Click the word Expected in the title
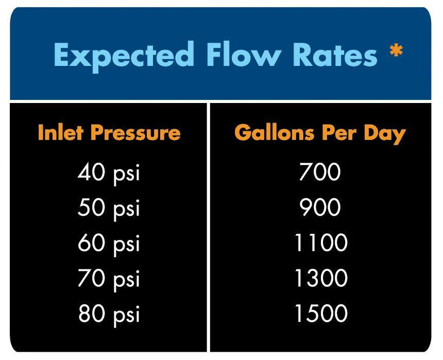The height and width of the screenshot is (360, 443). coord(124,57)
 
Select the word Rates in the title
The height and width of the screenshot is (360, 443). coord(334,55)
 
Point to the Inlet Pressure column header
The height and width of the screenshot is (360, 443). coord(109,132)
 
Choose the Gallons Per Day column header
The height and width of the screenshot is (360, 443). coord(320,134)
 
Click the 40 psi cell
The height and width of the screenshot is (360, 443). coord(109,174)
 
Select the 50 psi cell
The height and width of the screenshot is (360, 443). coord(109,209)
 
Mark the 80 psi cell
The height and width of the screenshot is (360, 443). coord(109,315)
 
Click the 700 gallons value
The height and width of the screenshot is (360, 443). coord(320,172)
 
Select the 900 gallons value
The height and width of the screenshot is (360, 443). coord(320,207)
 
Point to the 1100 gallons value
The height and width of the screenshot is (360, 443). coord(321,242)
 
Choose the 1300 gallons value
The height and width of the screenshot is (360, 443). coord(321,278)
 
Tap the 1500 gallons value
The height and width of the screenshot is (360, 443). coord(321,313)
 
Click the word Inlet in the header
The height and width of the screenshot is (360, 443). coord(61,132)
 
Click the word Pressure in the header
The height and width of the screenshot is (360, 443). coord(135,132)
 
